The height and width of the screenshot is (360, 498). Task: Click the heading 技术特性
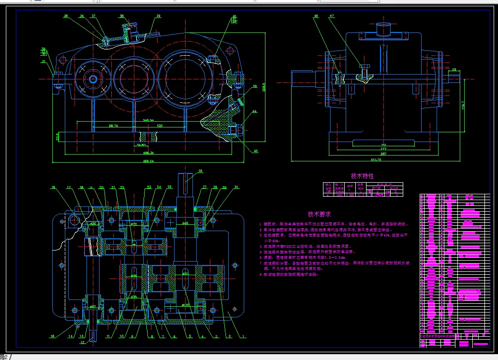[x=362, y=176]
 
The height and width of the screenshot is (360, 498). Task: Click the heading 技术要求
[x=320, y=214]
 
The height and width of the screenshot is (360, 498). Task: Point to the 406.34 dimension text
[x=142, y=153]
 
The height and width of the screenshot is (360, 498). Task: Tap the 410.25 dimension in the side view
[x=376, y=159]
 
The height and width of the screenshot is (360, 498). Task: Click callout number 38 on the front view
[x=158, y=16]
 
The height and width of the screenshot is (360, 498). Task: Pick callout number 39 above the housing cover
[x=121, y=16]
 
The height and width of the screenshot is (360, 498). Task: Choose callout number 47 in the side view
[x=332, y=16]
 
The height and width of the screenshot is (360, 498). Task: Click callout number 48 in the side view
[x=316, y=16]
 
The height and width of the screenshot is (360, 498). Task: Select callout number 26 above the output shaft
[x=201, y=171]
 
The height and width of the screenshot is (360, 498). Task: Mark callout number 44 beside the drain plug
[x=255, y=111]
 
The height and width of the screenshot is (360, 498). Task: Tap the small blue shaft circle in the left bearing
[x=92, y=78]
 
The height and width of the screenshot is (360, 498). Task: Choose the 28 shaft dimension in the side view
[x=453, y=70]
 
